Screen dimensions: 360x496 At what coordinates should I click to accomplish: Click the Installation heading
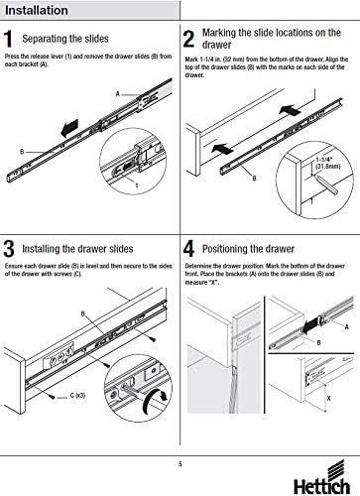(37, 10)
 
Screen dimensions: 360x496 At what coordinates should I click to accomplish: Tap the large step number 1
(9, 39)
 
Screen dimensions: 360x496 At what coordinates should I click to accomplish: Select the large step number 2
(188, 39)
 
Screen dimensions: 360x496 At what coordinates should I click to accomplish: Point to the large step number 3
(9, 249)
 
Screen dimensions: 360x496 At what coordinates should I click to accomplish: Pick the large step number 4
(188, 249)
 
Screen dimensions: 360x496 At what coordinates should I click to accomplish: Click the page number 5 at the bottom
(180, 464)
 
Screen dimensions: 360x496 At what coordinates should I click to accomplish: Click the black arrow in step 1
(69, 128)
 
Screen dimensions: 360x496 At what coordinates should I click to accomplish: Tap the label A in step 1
(117, 94)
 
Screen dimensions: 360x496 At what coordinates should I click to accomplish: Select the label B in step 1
(22, 152)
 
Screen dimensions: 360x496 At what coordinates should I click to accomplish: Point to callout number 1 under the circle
(137, 186)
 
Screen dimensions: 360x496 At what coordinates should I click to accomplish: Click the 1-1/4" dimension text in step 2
(327, 163)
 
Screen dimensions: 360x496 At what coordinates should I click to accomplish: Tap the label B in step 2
(254, 179)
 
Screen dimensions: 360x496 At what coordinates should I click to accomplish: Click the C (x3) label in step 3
(77, 395)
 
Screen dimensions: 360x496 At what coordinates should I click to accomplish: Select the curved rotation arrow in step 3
(155, 399)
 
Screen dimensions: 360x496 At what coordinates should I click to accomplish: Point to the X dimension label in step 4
(328, 399)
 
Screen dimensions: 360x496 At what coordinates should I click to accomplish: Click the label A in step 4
(347, 327)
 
